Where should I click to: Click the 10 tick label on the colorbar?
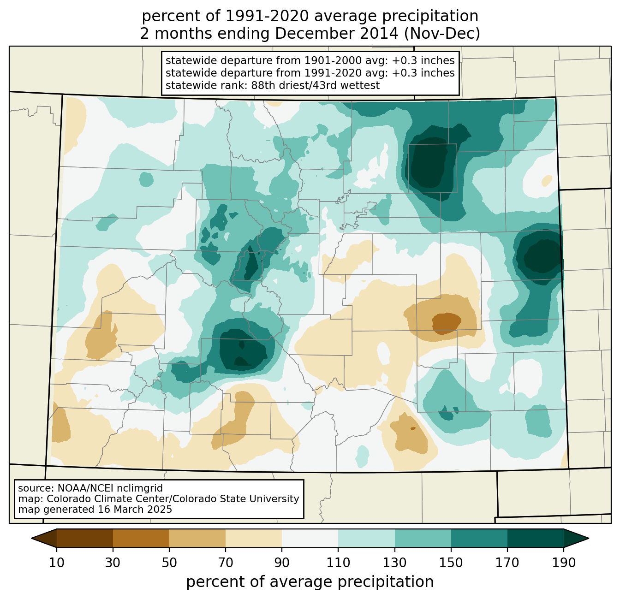(57, 563)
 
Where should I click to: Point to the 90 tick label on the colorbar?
(282, 563)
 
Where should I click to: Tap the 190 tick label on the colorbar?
(563, 563)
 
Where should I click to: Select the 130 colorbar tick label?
(395, 563)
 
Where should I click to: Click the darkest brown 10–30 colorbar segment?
(85, 538)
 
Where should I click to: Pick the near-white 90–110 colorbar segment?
(310, 538)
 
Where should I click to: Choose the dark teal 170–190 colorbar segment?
(535, 538)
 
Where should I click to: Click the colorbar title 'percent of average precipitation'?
(310, 582)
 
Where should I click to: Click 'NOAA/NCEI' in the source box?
(87, 488)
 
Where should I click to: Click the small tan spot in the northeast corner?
(547, 180)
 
